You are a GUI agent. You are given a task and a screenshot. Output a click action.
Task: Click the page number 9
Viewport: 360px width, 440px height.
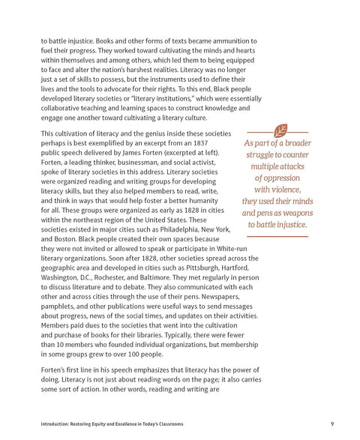pos(331,425)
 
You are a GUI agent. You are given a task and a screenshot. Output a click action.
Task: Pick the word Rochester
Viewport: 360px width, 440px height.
pos(112,277)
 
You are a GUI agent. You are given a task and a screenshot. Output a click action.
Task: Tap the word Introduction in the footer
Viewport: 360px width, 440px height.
pos(57,425)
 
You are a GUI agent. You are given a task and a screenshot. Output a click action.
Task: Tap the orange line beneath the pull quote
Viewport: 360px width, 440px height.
pos(277,236)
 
